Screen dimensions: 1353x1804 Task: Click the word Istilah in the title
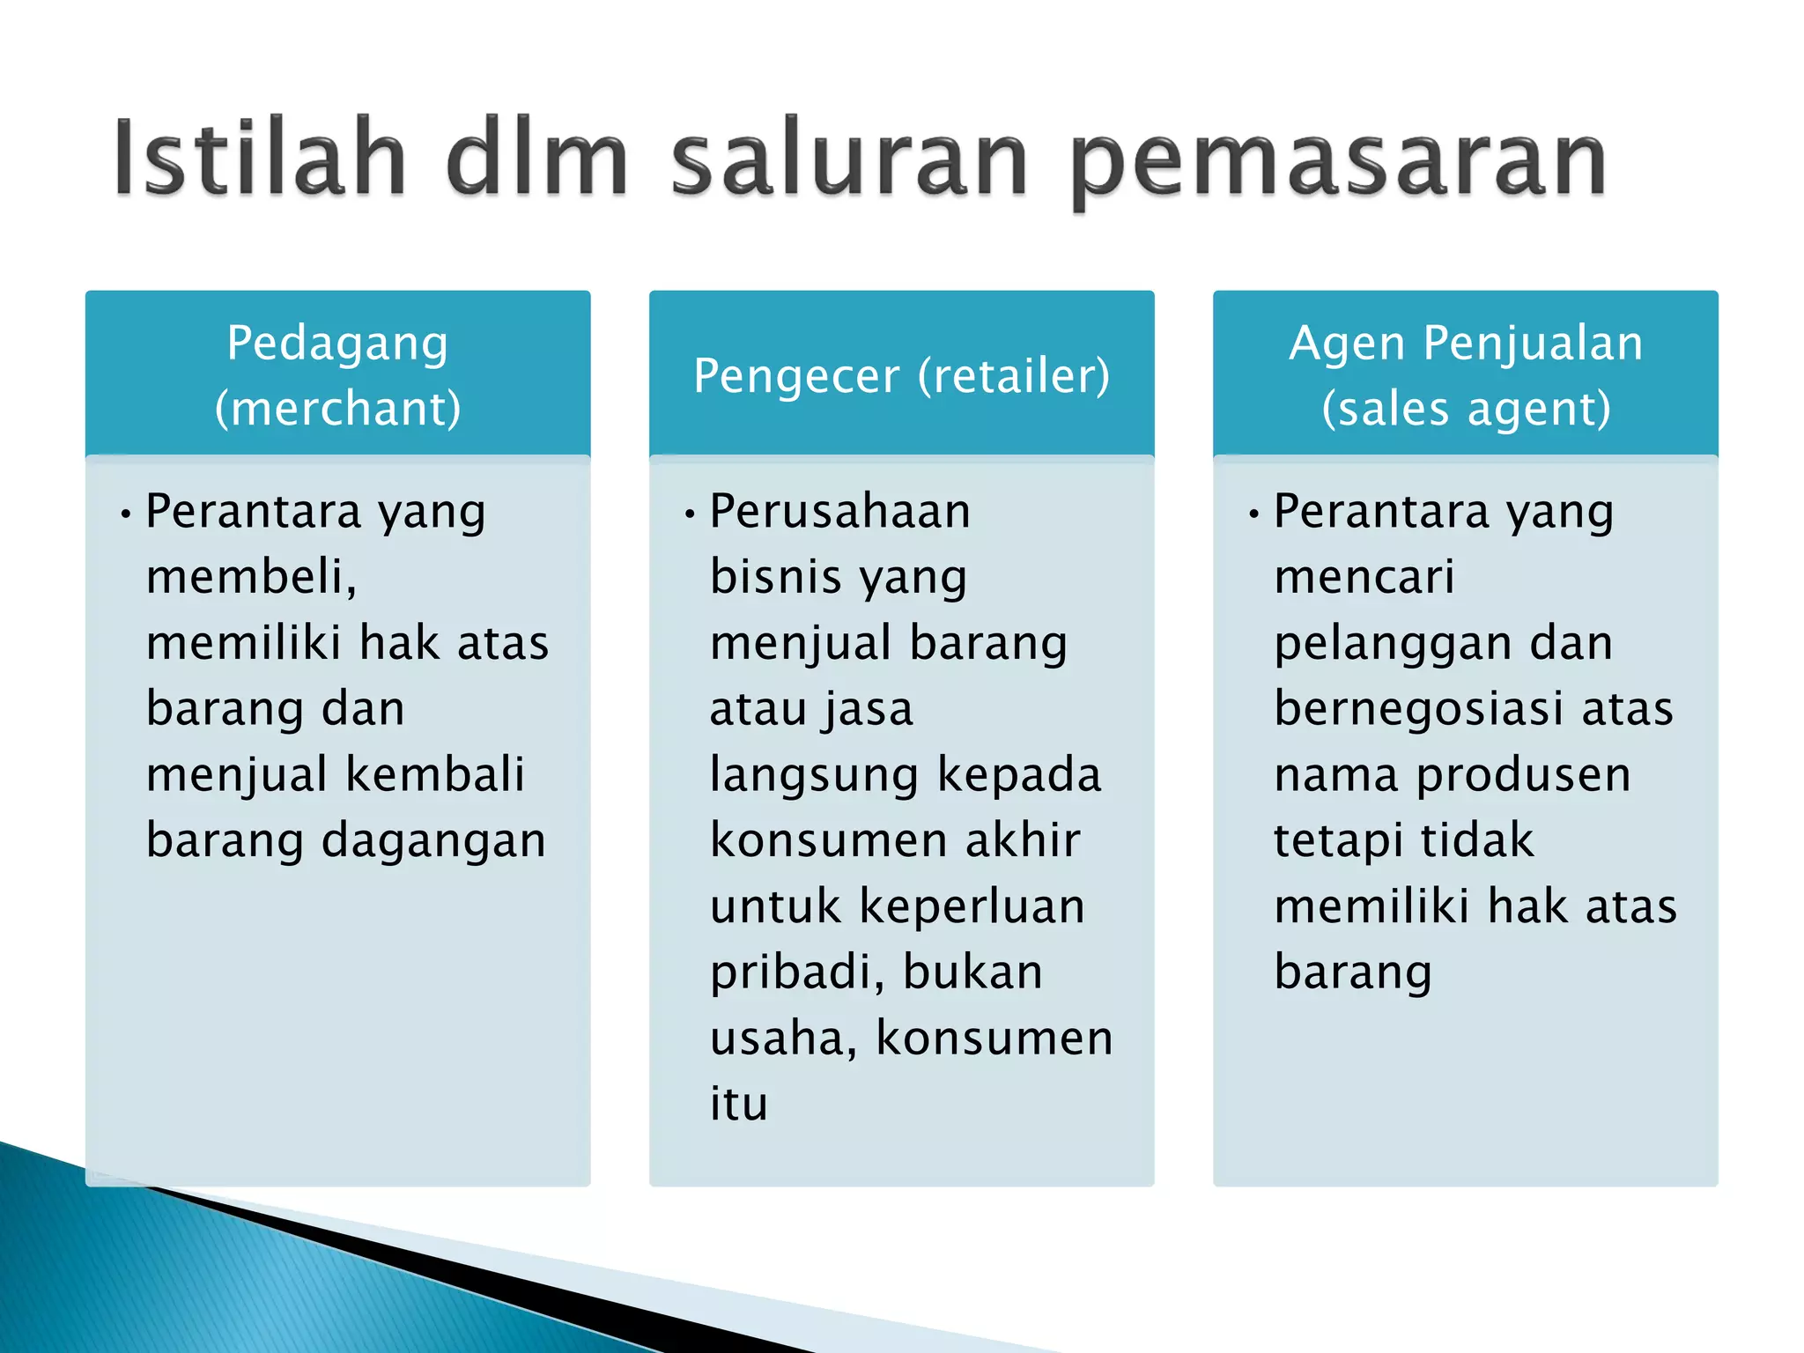[259, 159]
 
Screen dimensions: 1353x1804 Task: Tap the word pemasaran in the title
[1339, 163]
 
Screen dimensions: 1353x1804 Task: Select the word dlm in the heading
[537, 159]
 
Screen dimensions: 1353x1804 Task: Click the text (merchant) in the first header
[337, 409]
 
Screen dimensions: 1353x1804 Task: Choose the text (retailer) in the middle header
[1014, 376]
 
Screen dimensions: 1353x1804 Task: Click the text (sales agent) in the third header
[1466, 410]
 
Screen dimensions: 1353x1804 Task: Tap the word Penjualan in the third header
[1533, 343]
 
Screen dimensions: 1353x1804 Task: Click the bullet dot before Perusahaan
[690, 513]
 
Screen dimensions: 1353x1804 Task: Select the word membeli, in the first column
[252, 577]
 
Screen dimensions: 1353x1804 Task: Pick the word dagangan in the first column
[433, 840]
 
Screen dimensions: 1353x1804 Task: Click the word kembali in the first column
[435, 774]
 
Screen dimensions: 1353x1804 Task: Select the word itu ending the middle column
[739, 1104]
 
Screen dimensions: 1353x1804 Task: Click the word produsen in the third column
[1523, 775]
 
